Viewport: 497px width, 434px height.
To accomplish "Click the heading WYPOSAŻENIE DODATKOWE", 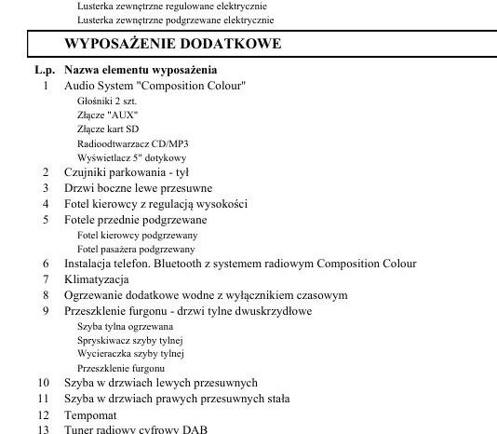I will (172, 44).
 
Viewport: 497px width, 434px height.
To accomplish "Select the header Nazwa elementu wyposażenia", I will (141, 70).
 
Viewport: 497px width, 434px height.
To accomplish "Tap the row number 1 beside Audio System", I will (46, 86).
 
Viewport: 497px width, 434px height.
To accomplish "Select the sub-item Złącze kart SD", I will (109, 129).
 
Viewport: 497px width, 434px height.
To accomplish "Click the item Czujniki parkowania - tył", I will (127, 172).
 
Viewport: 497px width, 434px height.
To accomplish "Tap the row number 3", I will (46, 188).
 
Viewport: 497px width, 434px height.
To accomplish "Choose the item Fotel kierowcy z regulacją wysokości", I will (155, 204).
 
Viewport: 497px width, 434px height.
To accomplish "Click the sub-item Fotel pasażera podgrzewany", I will (136, 249).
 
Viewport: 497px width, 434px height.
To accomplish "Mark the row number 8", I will (46, 294).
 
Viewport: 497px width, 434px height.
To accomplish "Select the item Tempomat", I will (90, 414).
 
